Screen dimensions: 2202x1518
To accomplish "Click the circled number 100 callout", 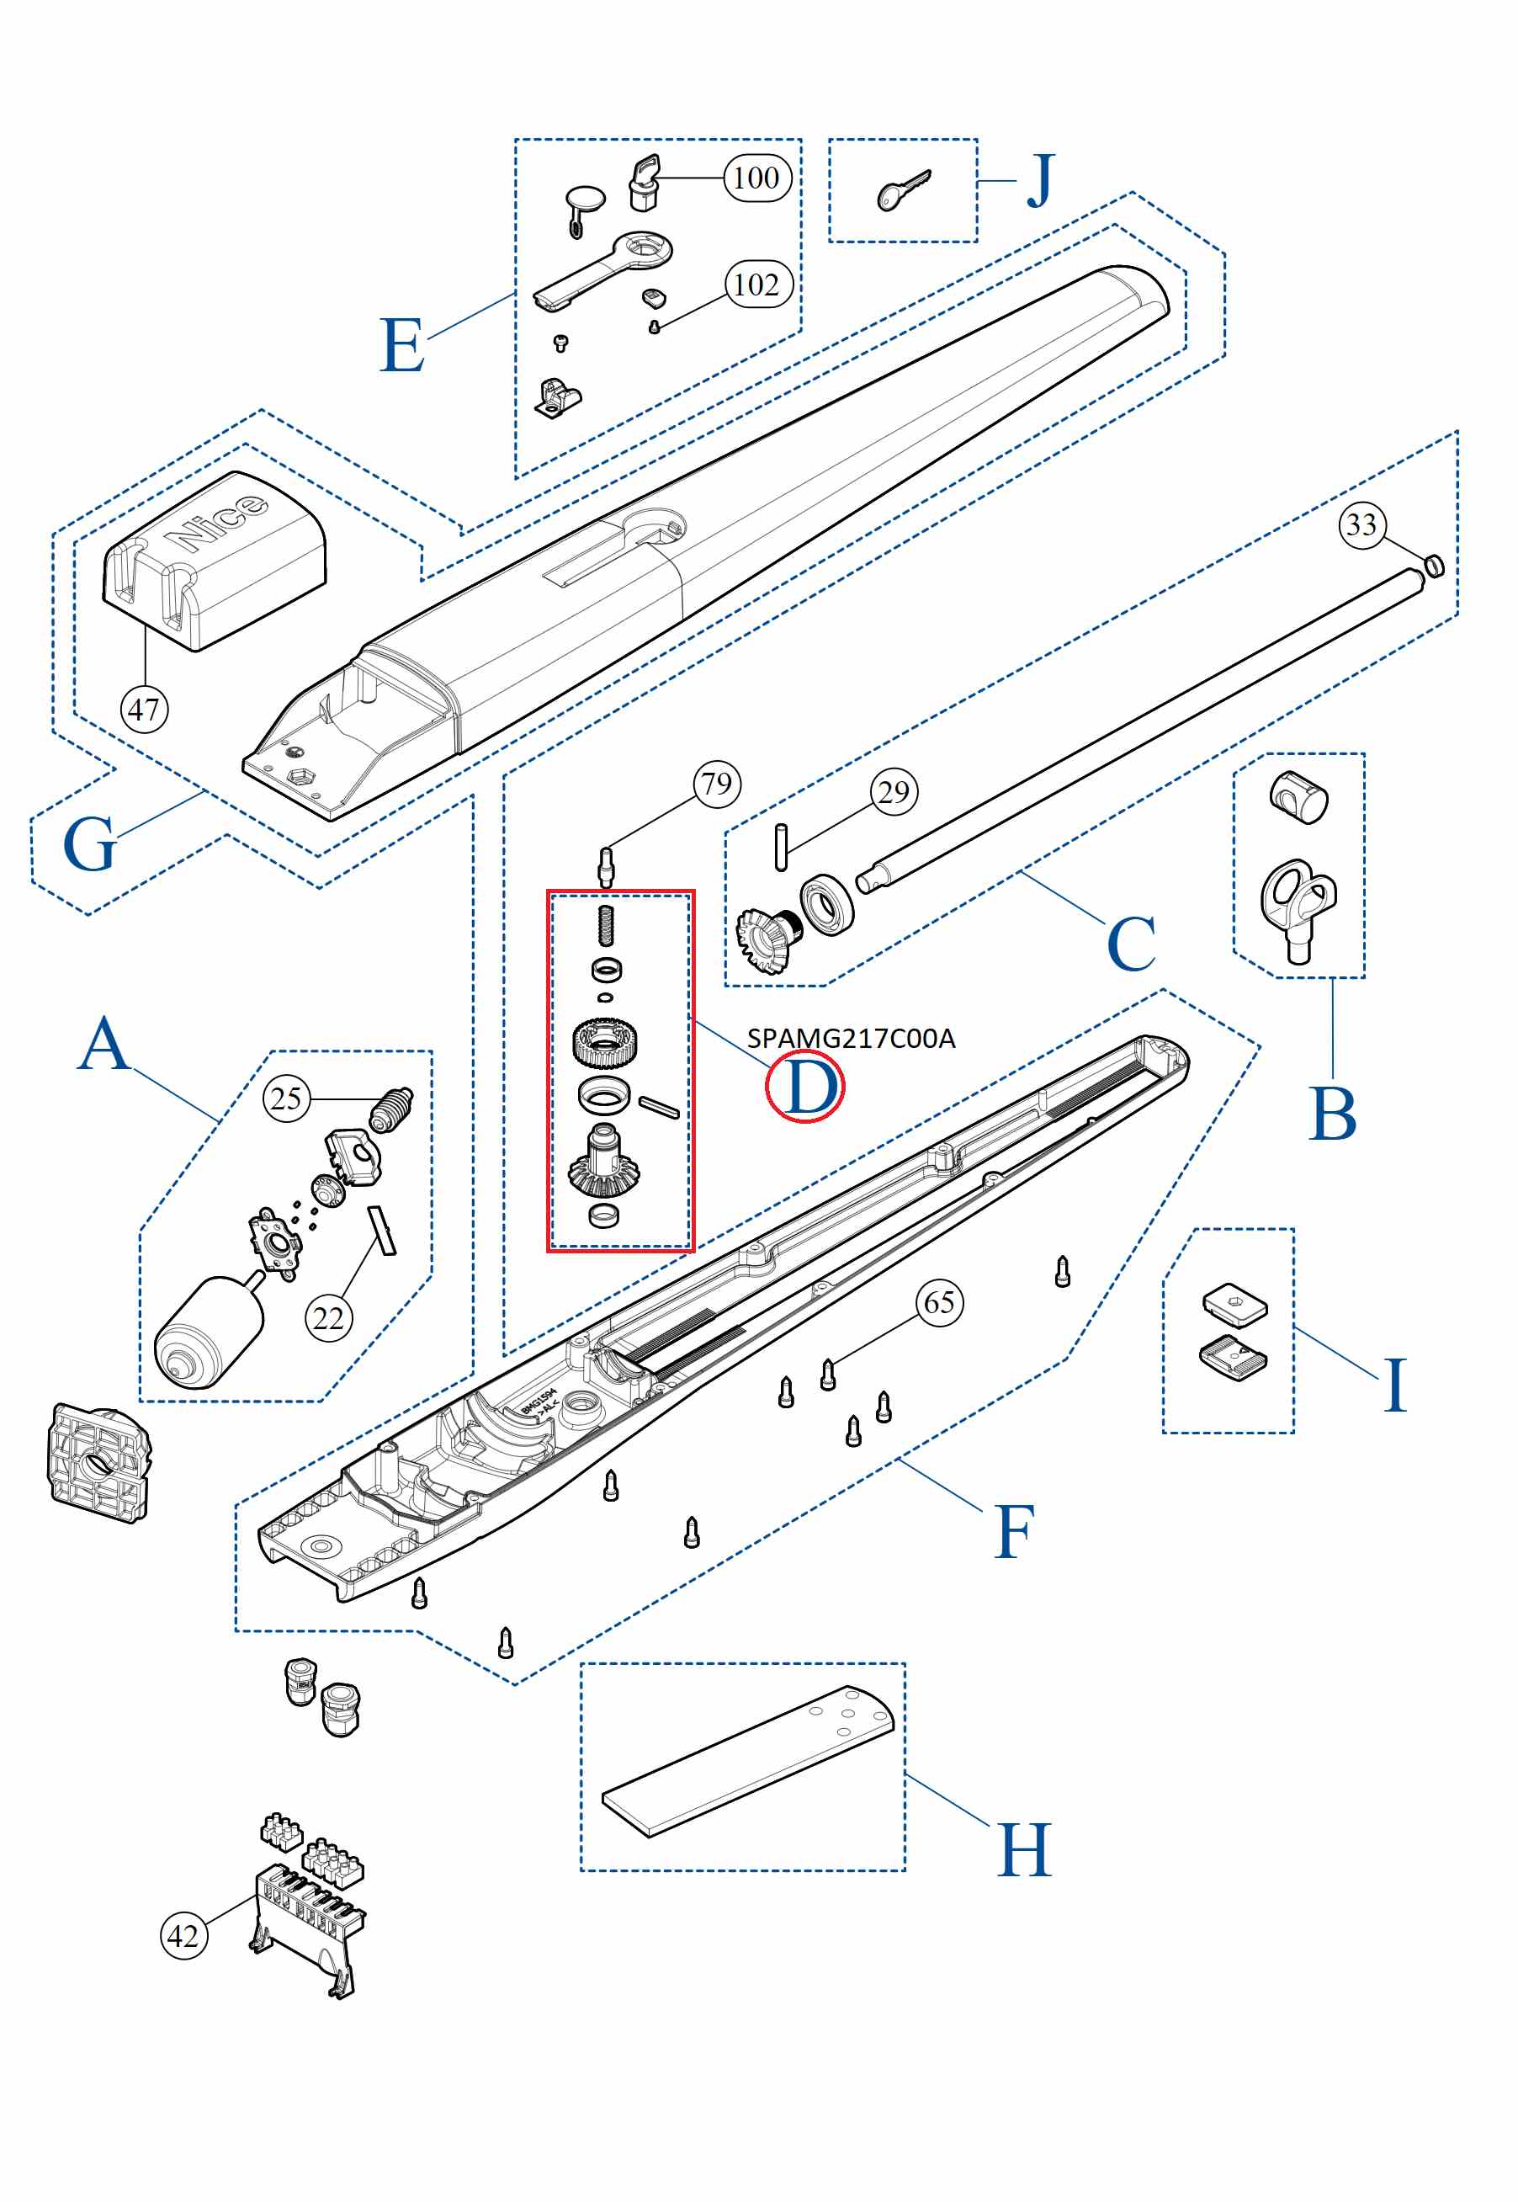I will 757,178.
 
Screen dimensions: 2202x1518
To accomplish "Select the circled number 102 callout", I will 757,285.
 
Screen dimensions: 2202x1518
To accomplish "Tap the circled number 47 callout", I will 145,710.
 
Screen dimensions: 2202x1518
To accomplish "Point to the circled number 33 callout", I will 1362,524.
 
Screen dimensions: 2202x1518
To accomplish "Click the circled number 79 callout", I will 717,784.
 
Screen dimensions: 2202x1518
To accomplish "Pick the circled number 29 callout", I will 894,791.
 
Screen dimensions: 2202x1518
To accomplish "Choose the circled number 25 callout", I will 286,1098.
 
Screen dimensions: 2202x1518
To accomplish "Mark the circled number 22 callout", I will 328,1318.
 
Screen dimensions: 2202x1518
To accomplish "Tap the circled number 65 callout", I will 940,1302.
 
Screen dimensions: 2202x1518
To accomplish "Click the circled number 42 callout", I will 183,1936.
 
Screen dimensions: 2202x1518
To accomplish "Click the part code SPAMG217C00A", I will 852,1038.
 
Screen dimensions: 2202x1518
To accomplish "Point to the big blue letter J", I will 1042,181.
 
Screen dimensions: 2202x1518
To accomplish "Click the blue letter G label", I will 88,843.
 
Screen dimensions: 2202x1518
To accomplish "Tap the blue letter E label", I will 401,346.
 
